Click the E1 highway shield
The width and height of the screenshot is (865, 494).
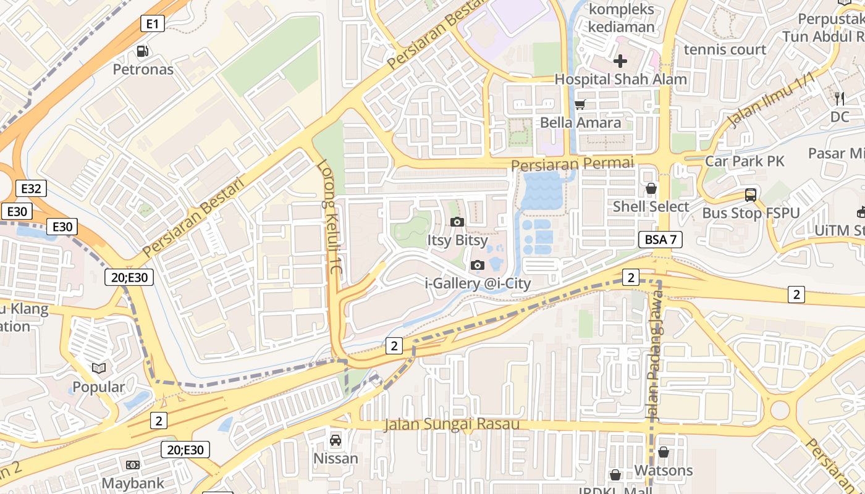tap(153, 24)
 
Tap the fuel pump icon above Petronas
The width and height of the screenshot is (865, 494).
tap(143, 51)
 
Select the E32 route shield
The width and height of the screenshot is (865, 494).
tap(31, 189)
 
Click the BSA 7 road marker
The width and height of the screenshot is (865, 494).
tap(660, 240)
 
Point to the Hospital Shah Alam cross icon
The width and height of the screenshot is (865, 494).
tap(620, 61)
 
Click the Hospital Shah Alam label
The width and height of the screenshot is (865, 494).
tap(620, 79)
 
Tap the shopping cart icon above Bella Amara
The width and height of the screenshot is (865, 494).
tap(580, 105)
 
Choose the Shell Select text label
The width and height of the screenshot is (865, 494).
tap(651, 206)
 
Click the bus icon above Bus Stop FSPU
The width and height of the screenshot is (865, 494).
tap(751, 195)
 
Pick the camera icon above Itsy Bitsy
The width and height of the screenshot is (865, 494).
tap(457, 222)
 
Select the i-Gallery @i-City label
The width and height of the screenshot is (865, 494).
tap(478, 283)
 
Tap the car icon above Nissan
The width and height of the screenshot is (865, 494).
tap(335, 440)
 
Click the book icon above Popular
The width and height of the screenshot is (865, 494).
tap(99, 369)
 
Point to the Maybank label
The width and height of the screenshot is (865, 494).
tap(133, 483)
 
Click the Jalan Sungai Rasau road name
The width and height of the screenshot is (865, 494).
tap(452, 424)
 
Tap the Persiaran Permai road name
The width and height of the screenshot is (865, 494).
tap(573, 164)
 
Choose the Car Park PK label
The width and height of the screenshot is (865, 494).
tap(745, 161)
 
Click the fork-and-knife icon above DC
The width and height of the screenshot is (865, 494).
tap(839, 98)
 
